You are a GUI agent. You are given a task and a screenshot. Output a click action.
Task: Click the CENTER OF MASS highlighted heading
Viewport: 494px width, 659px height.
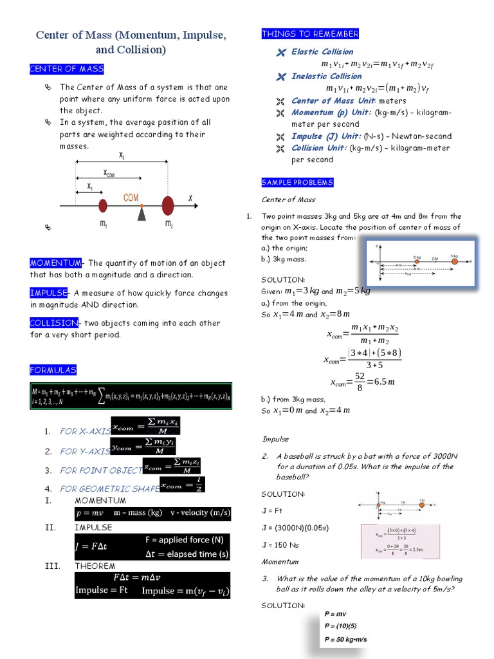coord(66,69)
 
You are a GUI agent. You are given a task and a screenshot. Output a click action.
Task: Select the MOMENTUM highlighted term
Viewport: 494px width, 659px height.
coord(55,263)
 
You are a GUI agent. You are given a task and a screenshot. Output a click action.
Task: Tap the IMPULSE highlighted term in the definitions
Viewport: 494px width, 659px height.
coord(48,293)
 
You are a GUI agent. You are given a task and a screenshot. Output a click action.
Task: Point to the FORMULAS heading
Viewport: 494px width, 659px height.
coord(53,369)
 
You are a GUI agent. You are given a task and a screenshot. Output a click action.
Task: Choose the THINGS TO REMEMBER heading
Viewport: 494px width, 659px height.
coord(310,34)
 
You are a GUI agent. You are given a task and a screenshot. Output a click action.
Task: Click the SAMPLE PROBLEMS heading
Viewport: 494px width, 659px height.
coord(297,182)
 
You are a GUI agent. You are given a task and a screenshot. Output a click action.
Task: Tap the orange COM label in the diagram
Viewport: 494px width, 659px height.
coord(131,198)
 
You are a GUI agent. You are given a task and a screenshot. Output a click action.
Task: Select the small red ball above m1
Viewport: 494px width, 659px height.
coord(102,206)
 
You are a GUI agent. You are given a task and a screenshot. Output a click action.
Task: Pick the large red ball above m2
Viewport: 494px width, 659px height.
coord(168,206)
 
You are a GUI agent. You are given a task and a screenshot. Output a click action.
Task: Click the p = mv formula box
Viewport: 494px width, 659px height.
coord(94,513)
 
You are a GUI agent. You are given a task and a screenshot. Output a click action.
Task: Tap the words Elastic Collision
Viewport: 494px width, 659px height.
coord(322,51)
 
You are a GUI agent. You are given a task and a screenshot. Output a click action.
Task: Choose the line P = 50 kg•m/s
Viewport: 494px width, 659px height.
coord(346,640)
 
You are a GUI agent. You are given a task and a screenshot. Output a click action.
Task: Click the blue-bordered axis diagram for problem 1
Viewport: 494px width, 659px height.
coord(421,263)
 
